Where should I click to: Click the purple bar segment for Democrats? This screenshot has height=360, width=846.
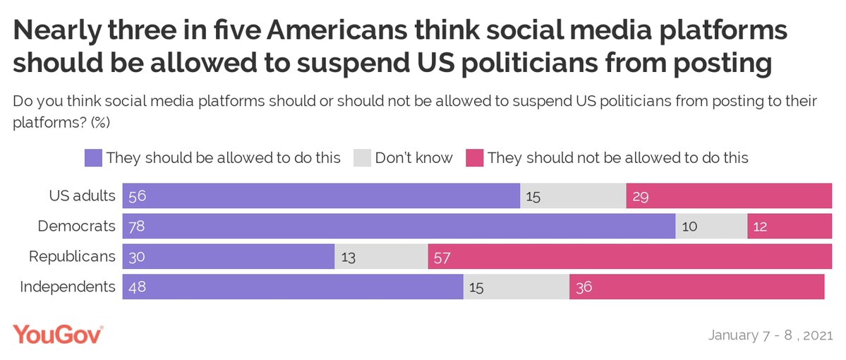pos(399,227)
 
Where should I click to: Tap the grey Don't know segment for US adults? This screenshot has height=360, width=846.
pos(573,196)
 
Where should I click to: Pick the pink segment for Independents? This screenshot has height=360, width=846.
pos(696,287)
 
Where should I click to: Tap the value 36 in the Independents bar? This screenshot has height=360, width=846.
pos(584,288)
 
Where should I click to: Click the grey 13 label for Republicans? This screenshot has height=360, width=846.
pos(349,258)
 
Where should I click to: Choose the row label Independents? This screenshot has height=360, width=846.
pos(68,287)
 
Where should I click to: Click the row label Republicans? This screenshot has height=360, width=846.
pos(72,256)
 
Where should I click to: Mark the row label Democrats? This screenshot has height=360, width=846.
pos(75,227)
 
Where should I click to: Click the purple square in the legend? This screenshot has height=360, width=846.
pos(93,157)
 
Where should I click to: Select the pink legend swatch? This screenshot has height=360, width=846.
pos(473,157)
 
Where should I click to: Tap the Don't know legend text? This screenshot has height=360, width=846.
pos(413,157)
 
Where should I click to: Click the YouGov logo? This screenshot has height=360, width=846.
pos(58,335)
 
